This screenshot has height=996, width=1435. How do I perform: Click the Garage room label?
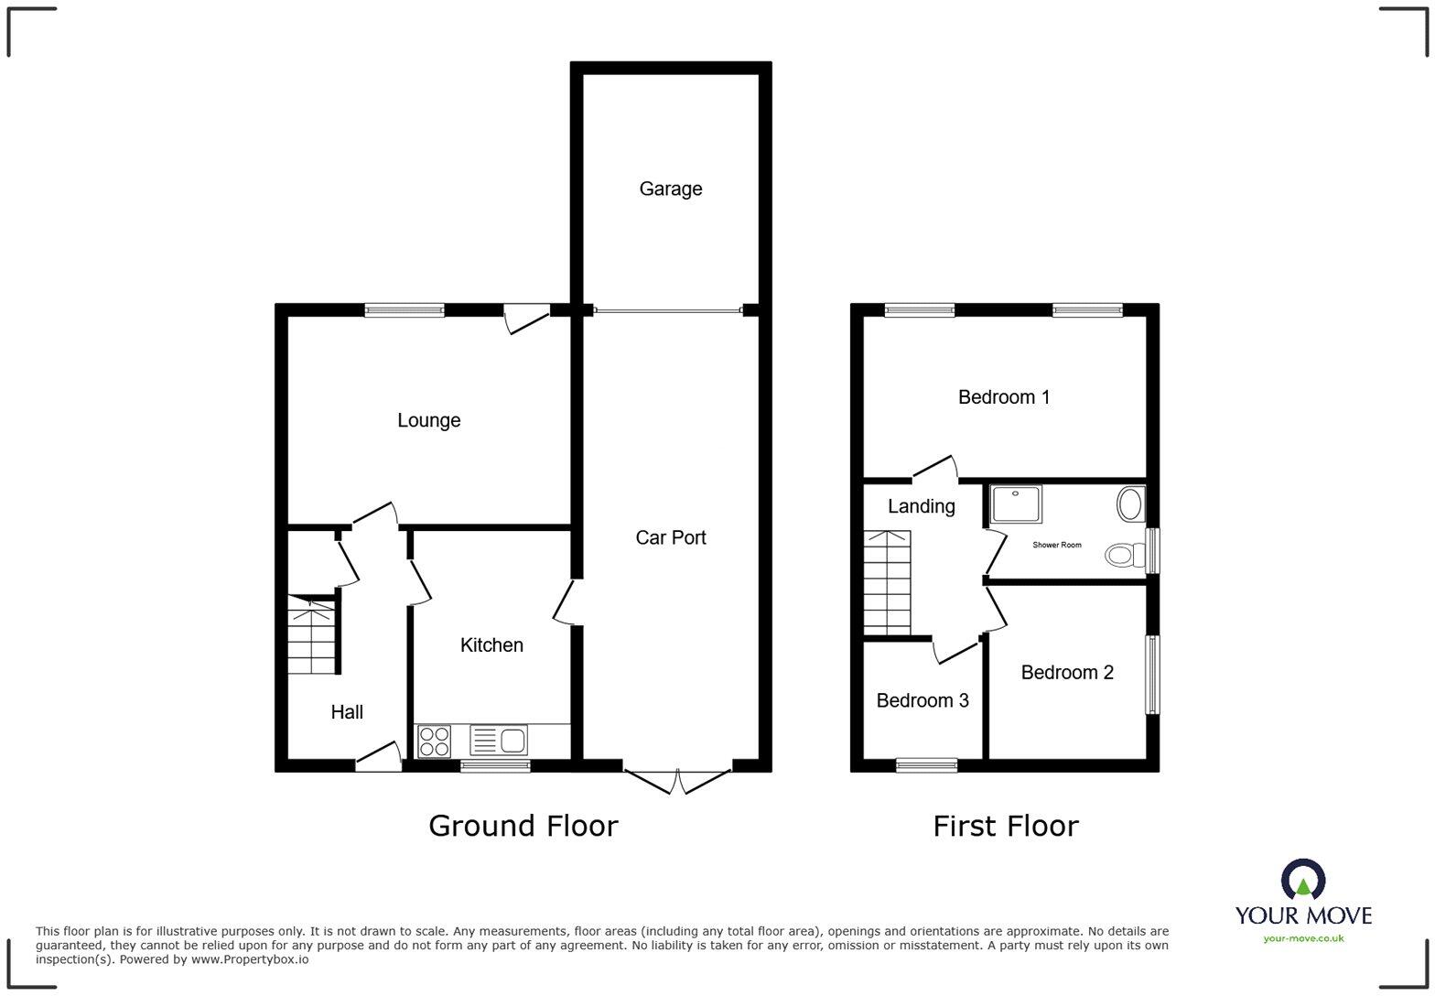[671, 189]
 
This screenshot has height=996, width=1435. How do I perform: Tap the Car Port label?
[671, 537]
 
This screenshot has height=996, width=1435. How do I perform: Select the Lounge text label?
[428, 420]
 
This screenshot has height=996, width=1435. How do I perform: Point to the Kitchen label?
[491, 645]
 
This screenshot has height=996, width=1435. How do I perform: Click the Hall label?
[347, 712]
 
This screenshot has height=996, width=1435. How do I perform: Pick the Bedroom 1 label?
[1004, 397]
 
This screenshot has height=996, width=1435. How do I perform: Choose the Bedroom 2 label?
[1067, 673]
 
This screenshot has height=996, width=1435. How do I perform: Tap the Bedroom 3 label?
[922, 700]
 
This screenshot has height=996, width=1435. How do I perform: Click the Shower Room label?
[1057, 545]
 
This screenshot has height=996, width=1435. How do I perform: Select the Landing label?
[922, 506]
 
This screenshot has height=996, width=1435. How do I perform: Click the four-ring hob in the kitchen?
[433, 741]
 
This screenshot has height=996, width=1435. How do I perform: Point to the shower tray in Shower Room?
[1016, 503]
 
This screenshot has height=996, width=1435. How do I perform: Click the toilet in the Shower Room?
[1126, 555]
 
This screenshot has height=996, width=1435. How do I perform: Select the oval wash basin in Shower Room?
[1130, 504]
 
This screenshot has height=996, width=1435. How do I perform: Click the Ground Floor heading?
[523, 826]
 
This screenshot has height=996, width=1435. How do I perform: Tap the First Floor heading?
[1006, 826]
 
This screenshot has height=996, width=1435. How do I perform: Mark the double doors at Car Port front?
[678, 781]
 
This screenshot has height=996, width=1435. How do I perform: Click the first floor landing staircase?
[887, 582]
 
